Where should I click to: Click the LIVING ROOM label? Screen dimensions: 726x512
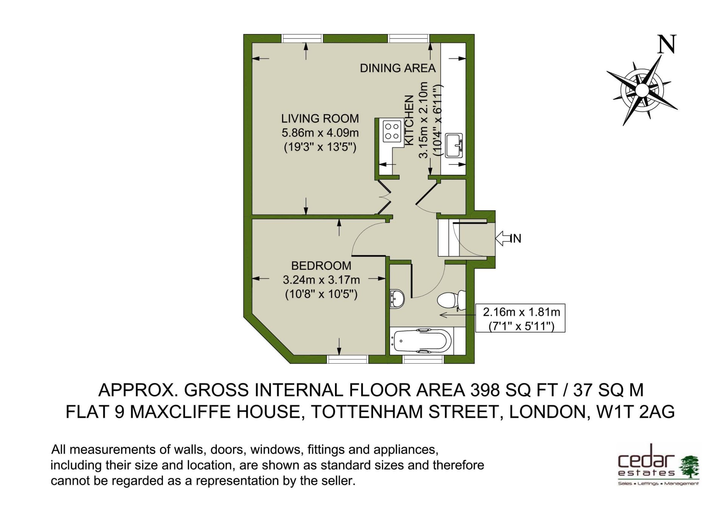click(320, 119)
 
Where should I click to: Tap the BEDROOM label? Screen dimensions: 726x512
click(321, 266)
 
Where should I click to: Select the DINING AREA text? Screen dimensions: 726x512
click(398, 68)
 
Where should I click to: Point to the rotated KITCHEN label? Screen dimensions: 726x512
click(410, 120)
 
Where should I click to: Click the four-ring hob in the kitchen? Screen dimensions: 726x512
click(392, 131)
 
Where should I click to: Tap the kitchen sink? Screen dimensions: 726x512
click(454, 145)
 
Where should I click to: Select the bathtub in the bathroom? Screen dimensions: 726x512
click(422, 341)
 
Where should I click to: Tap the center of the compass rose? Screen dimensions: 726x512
click(642, 90)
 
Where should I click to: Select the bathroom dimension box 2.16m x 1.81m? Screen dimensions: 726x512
click(520, 318)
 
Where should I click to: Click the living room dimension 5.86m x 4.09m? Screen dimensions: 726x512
click(320, 133)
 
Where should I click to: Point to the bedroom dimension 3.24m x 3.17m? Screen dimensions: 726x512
click(321, 280)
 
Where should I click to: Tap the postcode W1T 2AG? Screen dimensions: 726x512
click(635, 412)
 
